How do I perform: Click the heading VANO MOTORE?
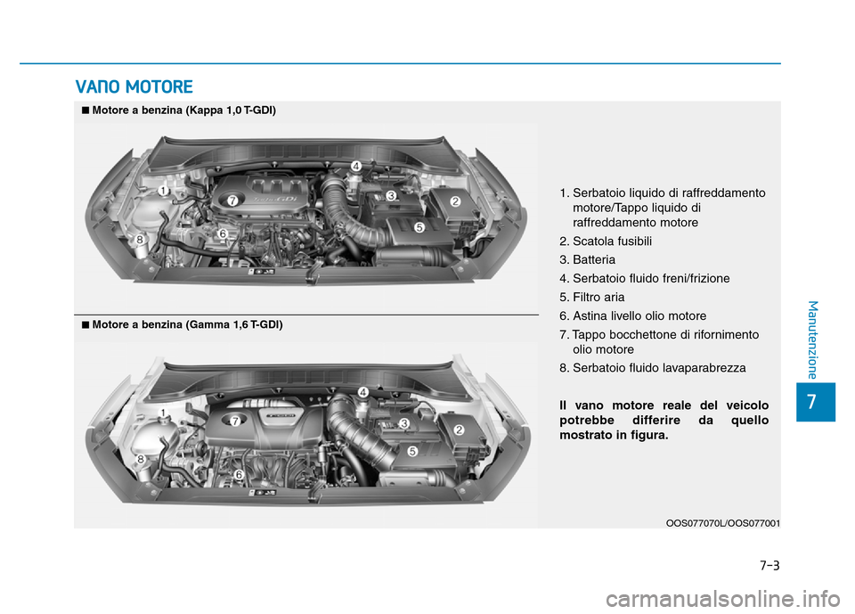134,86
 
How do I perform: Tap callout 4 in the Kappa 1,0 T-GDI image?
355,167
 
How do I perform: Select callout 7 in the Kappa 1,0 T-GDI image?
231,201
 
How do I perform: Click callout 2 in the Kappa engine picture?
454,202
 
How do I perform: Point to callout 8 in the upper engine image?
140,240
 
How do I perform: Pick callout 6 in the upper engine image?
223,233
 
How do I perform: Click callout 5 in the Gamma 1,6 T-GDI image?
412,452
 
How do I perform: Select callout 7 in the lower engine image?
236,420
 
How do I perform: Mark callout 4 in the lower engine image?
363,392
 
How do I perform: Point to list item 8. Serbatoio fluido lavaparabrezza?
653,367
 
